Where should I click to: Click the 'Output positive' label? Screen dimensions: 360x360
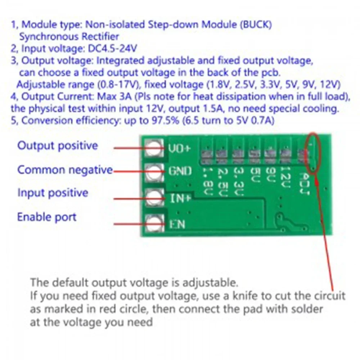coord(58,146)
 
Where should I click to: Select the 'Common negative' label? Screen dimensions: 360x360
coord(65,170)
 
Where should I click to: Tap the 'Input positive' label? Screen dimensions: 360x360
coord(53,193)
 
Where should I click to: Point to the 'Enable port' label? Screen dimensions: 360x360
coord(47,217)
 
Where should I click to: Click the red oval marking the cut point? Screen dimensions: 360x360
coord(312,153)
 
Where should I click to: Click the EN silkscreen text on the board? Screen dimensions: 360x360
coord(177,224)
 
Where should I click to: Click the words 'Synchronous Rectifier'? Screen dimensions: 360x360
coord(69,37)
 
